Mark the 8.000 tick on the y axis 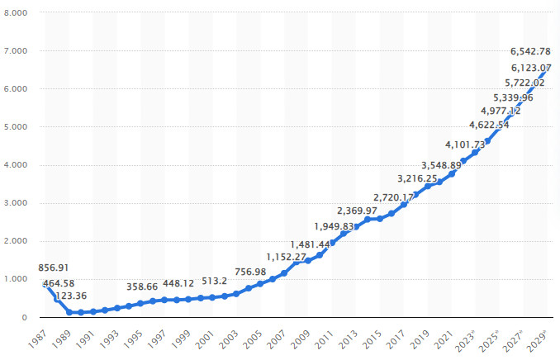click(16, 13)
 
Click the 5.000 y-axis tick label click(16, 127)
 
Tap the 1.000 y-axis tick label click(16, 279)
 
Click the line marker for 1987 click(45, 285)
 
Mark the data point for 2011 click(332, 243)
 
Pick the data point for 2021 click(451, 174)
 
